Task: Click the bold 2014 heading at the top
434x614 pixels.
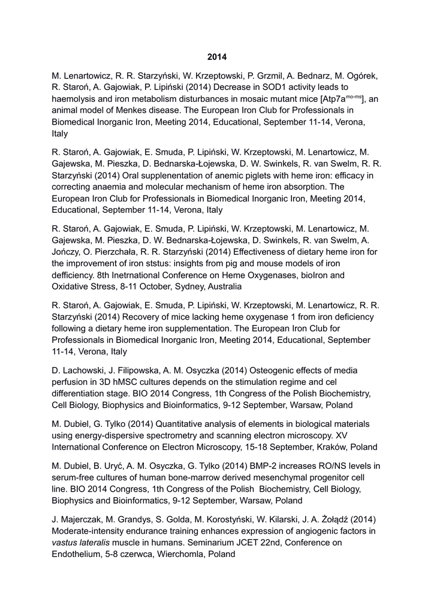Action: pos(217,57)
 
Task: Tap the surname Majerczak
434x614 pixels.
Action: pos(82,519)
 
